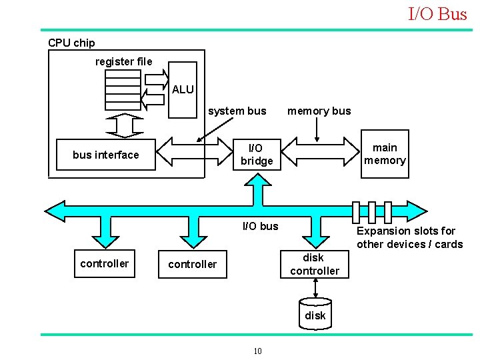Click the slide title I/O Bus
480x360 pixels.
pos(437,14)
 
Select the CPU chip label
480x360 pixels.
pos(71,43)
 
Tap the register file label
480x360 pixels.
pos(123,61)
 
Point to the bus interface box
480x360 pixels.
pos(106,155)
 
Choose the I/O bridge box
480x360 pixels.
pos(257,155)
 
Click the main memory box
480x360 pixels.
pos(385,154)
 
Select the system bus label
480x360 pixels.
pos(237,111)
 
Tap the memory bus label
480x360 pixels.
pos(319,111)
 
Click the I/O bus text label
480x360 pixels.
pos(260,226)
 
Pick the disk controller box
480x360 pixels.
pos(314,264)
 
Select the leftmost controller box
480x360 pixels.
pos(104,263)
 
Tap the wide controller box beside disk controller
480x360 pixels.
pos(193,264)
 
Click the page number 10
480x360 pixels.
pos(257,351)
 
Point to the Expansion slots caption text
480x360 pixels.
pos(409,237)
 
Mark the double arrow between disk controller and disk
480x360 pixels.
pos(315,287)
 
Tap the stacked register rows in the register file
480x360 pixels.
pos(123,88)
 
